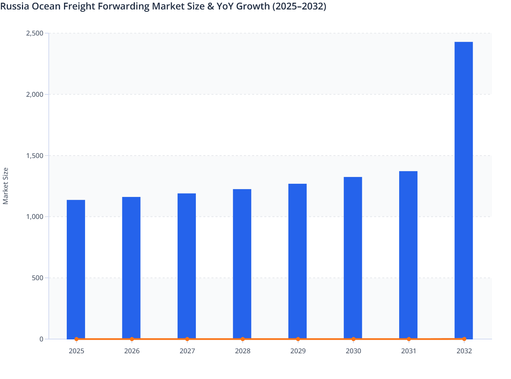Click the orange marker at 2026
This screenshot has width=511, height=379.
point(132,339)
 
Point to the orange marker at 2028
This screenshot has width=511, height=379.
point(243,339)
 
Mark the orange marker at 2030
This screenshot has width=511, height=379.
point(353,339)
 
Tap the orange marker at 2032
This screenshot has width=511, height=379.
point(464,339)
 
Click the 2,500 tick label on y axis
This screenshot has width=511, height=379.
point(35,33)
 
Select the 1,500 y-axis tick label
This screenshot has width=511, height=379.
point(35,156)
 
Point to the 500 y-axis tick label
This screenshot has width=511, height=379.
point(38,278)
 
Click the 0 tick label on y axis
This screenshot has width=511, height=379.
point(41,339)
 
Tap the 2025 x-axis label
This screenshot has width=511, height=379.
point(77,351)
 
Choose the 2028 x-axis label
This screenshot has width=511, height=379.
point(243,351)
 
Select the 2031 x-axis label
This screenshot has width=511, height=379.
point(409,351)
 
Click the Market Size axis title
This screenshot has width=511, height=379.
point(5,186)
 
